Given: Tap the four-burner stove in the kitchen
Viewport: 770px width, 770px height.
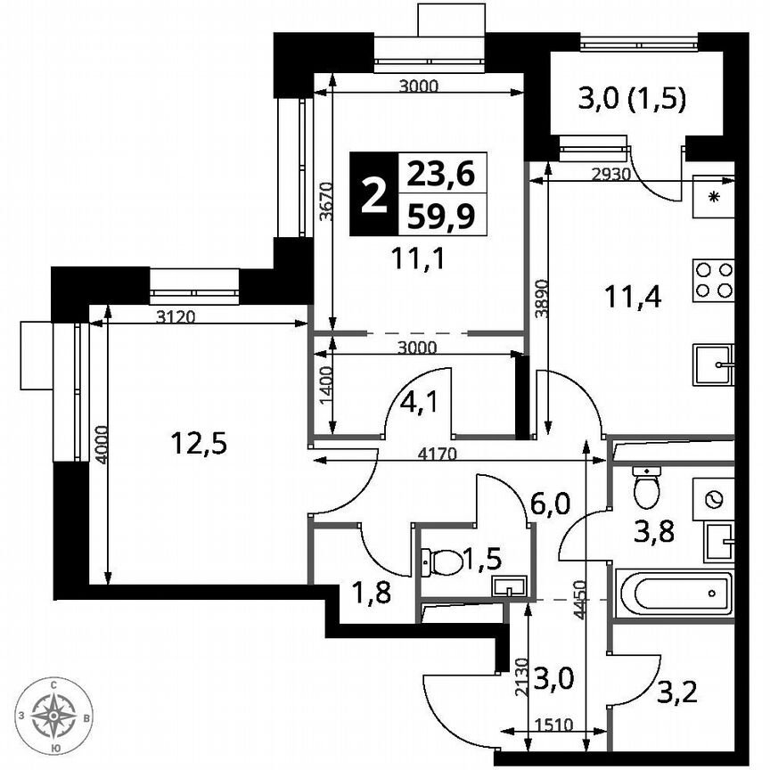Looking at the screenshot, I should (x=713, y=279).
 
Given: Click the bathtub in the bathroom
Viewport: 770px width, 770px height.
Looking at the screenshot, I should (x=675, y=592).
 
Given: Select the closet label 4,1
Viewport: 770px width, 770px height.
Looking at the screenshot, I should (x=411, y=402).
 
